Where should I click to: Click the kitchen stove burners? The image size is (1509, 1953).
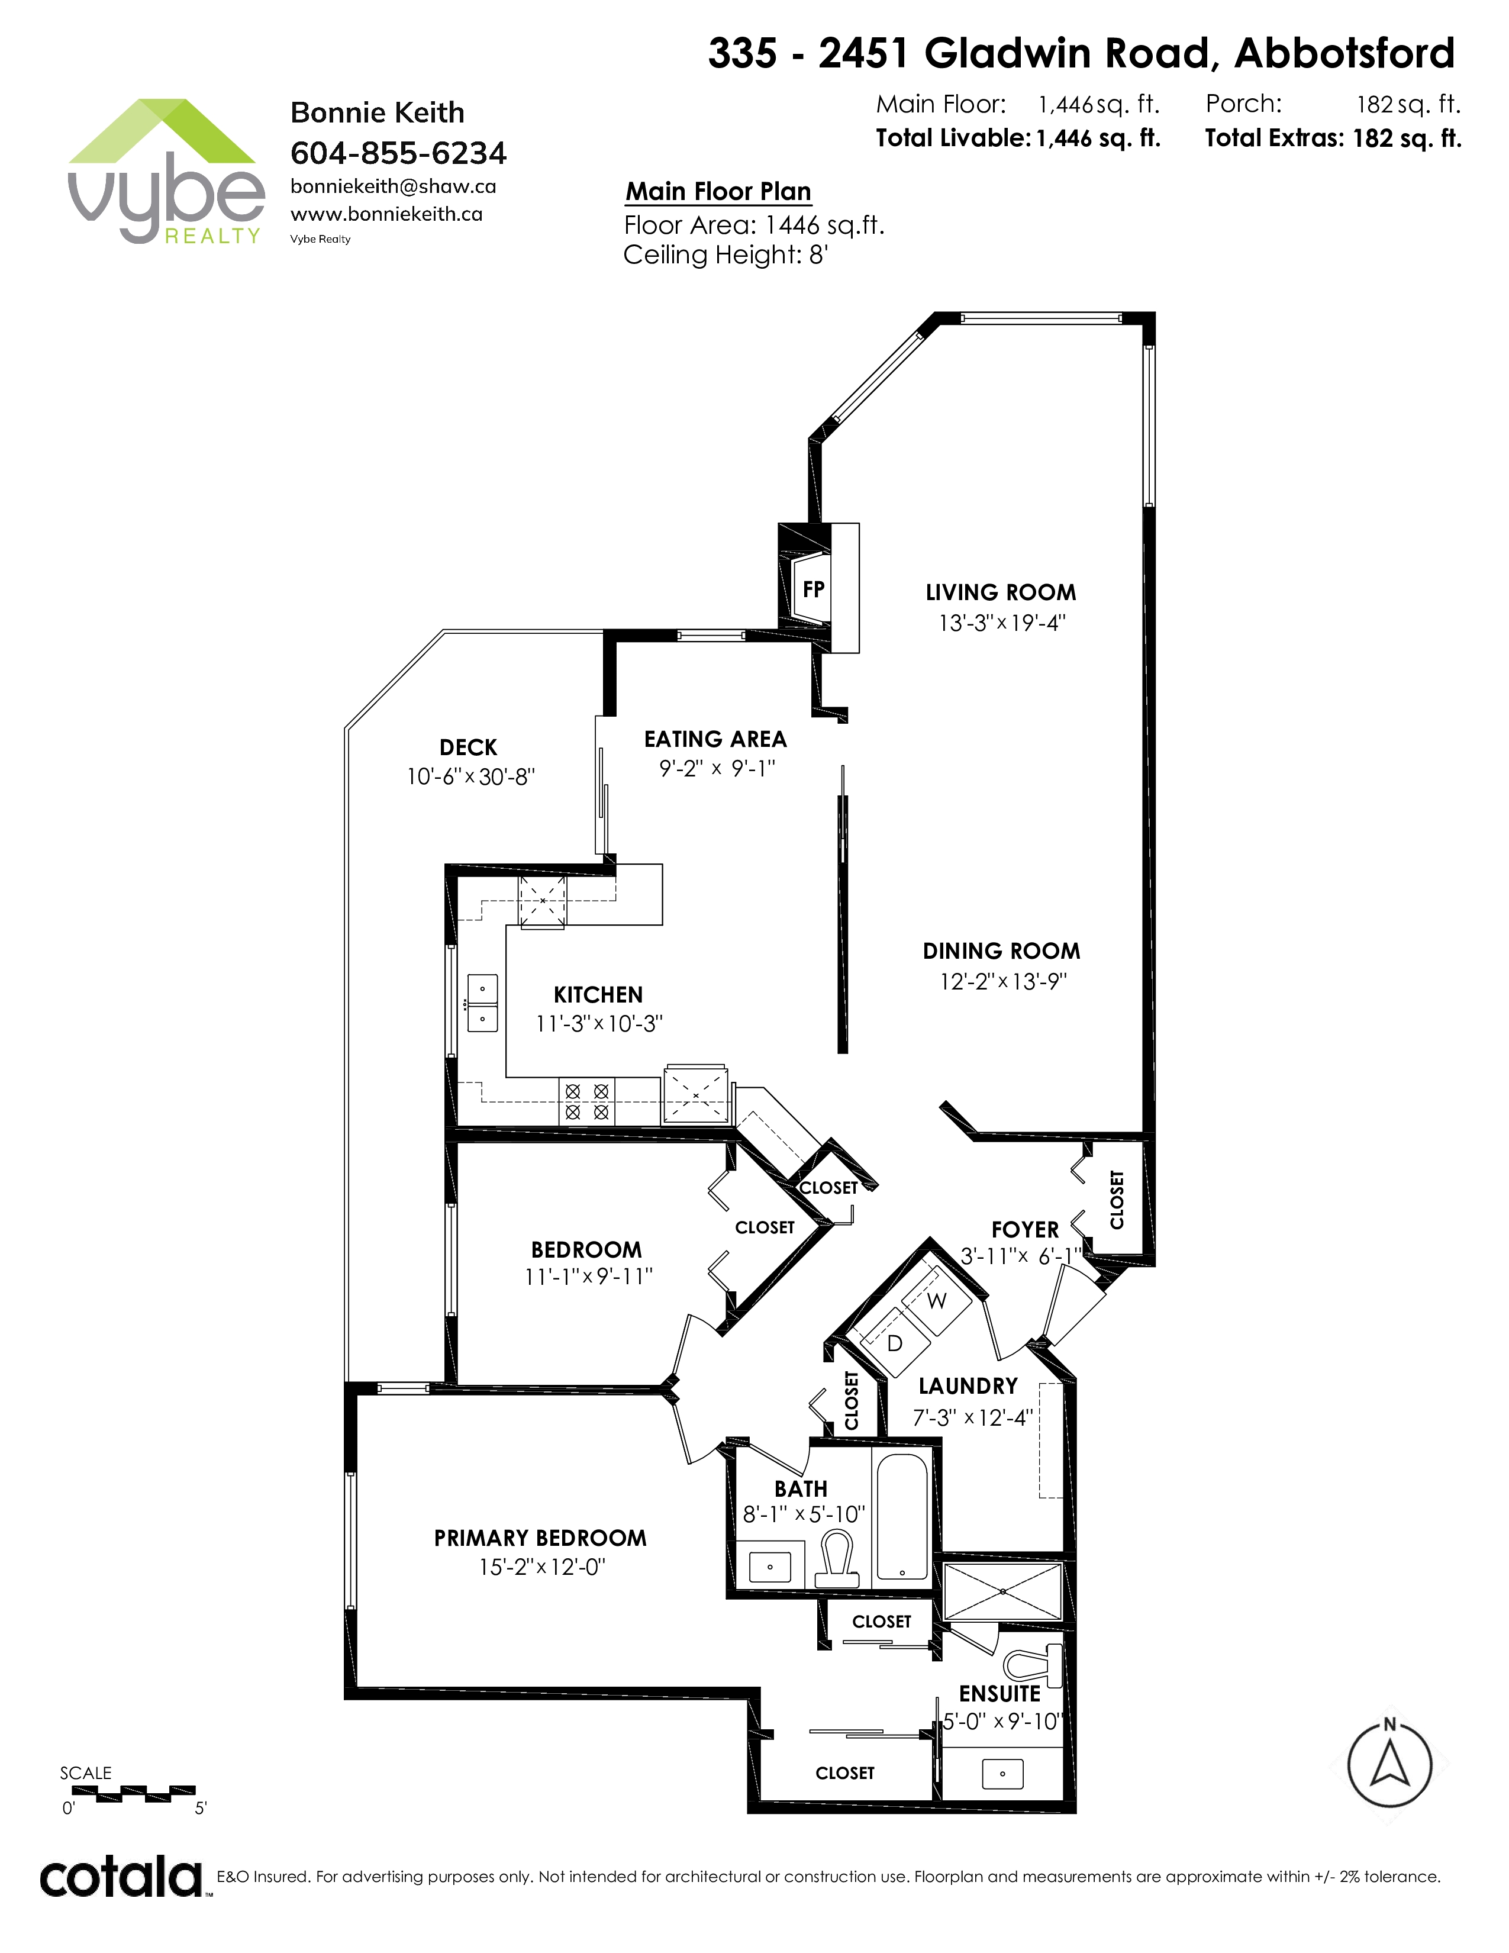coord(588,1102)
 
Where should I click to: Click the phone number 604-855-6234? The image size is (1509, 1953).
coord(399,153)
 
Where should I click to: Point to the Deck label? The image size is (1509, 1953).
coord(469,747)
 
